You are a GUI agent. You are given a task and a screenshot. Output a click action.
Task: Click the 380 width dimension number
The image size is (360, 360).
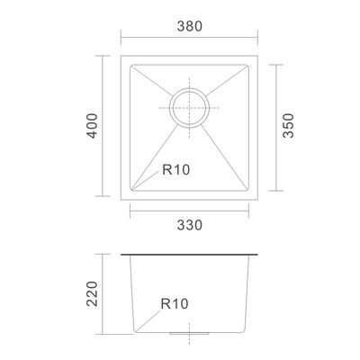tap(190, 26)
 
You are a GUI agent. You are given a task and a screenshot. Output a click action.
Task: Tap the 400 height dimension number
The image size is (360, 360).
tap(93, 126)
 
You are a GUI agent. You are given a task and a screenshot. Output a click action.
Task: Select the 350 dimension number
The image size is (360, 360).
tap(288, 125)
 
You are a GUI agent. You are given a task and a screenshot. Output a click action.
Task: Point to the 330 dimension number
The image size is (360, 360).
tap(190, 225)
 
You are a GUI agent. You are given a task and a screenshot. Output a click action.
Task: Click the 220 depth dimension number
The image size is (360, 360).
tap(92, 293)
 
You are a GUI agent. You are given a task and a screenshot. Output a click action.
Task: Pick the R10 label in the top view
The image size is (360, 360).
tap(176, 170)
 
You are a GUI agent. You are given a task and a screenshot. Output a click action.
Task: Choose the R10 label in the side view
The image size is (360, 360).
tap(175, 304)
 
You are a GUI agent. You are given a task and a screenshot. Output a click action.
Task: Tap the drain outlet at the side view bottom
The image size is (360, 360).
tap(189, 333)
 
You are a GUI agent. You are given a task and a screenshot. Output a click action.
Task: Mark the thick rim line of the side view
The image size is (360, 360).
tap(189, 255)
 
